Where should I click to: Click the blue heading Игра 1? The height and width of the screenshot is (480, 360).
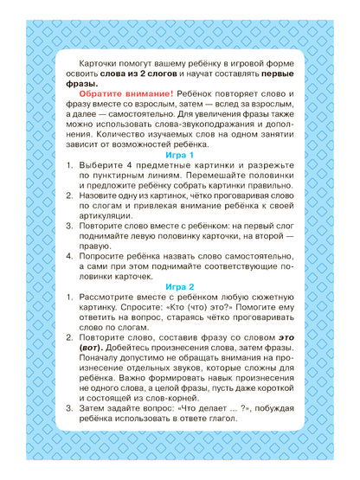(x=180, y=155)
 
